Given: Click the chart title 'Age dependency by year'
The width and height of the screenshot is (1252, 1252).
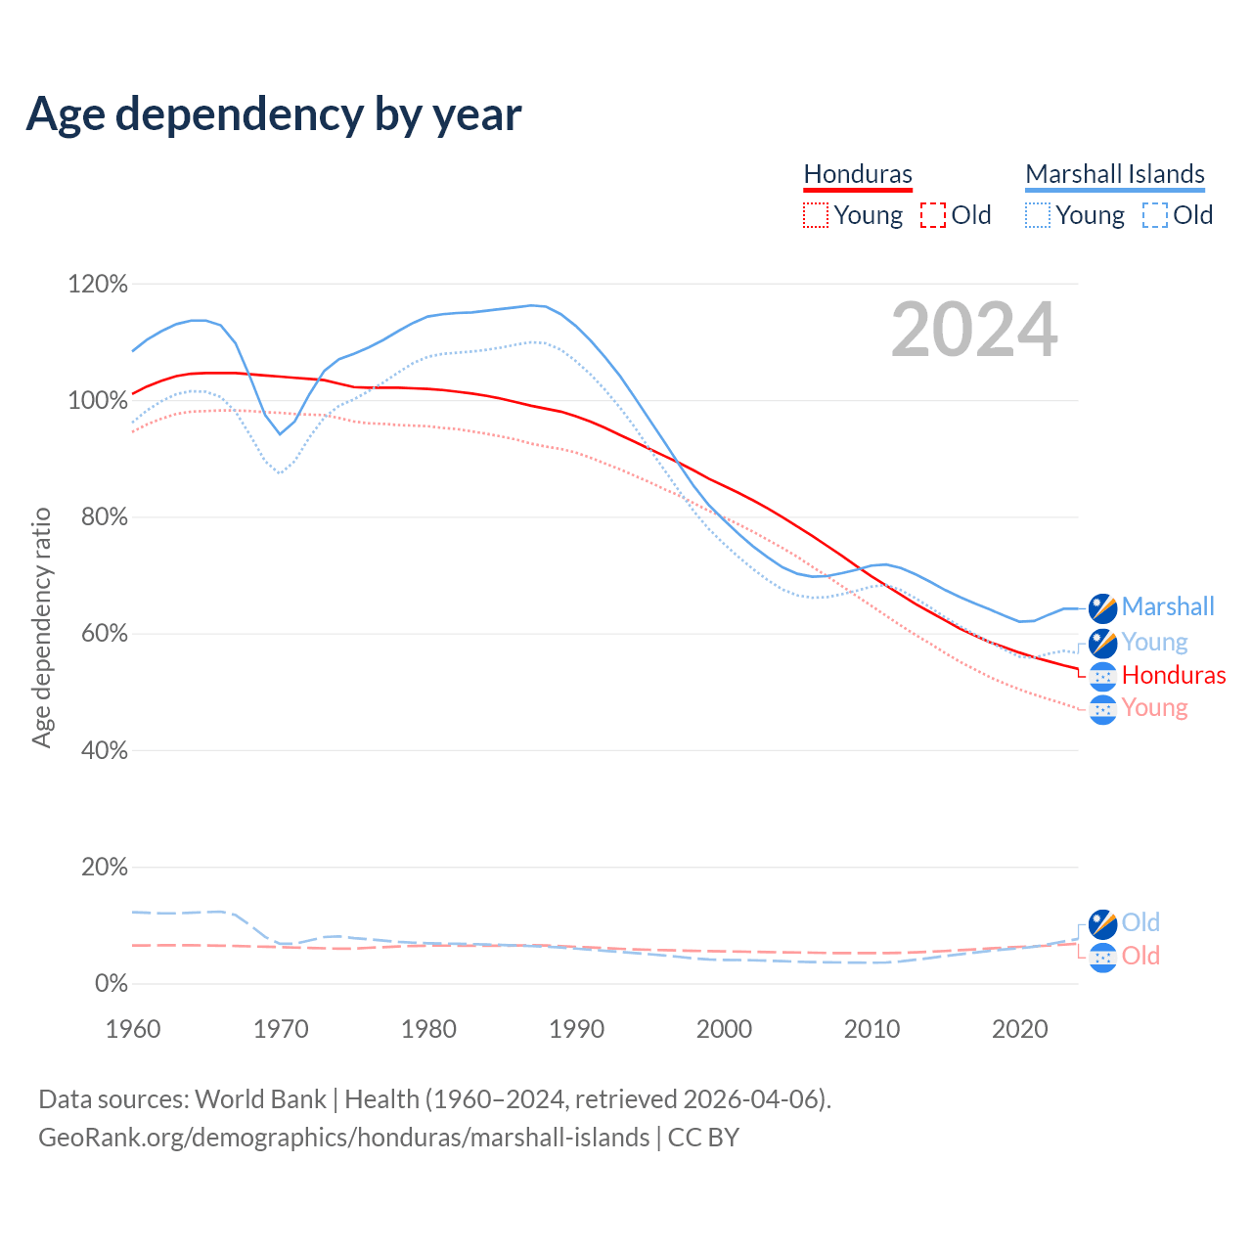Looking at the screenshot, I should pos(274,113).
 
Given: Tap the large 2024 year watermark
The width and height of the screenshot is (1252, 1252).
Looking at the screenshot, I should pos(974,330).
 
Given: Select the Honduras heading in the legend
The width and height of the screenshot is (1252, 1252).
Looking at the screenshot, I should pos(858,174).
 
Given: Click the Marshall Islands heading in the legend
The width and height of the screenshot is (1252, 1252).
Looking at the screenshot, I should pos(1115,174).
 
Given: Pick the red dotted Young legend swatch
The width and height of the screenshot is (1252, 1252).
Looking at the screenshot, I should pos(815,215).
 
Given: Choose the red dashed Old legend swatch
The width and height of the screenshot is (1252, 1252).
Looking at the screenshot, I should pos(933,215).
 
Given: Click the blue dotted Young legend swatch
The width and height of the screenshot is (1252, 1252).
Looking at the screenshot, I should pos(1038,215).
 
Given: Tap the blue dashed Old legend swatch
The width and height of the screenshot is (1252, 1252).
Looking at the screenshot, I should pos(1155,215).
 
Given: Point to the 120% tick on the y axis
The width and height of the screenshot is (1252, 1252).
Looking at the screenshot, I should pos(98,285).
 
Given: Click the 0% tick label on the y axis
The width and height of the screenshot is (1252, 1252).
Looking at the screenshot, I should pos(111,984).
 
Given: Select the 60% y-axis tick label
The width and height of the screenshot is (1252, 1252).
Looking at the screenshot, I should pos(104,634).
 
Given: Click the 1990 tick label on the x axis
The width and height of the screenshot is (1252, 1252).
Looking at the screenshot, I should pos(577,1029).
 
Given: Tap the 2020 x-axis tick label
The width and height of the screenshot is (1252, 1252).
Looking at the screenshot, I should pos(1020,1029).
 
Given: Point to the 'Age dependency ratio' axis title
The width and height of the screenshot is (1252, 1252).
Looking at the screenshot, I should pos(41,627).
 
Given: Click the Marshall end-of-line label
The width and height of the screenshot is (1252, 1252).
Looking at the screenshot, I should pos(1168,606).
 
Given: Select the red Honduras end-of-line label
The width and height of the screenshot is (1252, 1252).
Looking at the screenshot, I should pos(1174,675).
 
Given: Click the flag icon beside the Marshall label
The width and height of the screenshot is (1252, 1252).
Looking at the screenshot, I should pos(1103,607).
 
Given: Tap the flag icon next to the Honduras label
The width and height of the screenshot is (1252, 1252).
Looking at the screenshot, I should pos(1103,676).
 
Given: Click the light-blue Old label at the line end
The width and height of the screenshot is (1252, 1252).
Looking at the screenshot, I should pos(1140,922).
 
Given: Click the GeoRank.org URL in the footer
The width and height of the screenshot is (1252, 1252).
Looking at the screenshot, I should pos(343,1138).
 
